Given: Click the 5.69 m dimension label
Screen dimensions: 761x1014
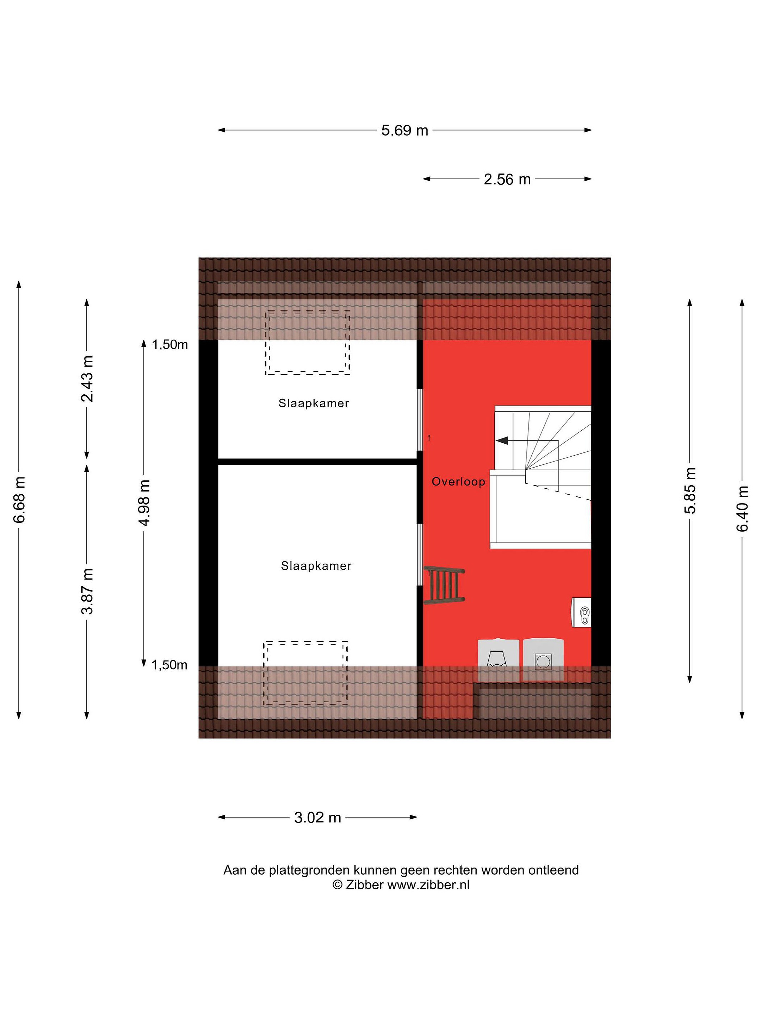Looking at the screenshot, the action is [x=404, y=130].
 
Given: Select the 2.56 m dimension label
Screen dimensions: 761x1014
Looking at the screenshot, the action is [x=507, y=179].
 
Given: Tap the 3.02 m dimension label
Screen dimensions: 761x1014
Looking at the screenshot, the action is [x=317, y=817].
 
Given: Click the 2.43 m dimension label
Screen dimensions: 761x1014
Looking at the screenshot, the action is [x=87, y=378].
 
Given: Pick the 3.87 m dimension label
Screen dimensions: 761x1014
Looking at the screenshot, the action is [x=87, y=591].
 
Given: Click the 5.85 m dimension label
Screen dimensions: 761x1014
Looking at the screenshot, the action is [x=690, y=490].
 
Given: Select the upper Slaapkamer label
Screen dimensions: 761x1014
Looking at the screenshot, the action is [x=314, y=403].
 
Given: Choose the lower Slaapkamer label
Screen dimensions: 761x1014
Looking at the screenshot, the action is [x=316, y=566].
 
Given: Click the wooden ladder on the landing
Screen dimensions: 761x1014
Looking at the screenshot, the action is [x=444, y=586].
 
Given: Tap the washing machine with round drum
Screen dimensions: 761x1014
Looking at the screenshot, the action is [x=543, y=660].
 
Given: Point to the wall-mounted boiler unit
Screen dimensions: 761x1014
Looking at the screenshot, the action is [x=581, y=612].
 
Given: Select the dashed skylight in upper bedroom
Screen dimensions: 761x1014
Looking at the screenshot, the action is [x=307, y=343].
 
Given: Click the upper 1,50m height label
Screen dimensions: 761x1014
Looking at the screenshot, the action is [x=170, y=345].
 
